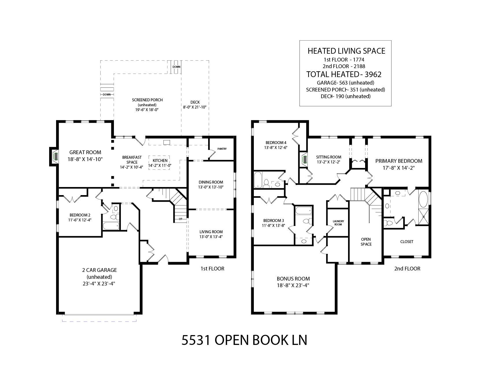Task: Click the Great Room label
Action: (x=85, y=152)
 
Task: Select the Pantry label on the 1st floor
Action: (x=222, y=149)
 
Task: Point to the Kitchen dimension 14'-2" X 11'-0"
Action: (x=160, y=165)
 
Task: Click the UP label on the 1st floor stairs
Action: (x=180, y=219)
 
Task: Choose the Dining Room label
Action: (x=211, y=182)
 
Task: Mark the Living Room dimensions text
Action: (x=211, y=237)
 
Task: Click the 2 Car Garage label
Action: (x=99, y=270)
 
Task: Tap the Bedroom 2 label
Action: (x=80, y=215)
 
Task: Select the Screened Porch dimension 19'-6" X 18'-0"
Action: (x=147, y=110)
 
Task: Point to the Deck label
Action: (x=195, y=102)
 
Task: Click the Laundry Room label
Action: (x=338, y=223)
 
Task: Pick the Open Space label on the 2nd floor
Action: (x=366, y=242)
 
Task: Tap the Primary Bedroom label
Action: (x=399, y=161)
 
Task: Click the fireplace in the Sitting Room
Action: (x=304, y=159)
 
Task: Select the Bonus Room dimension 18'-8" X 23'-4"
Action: (x=293, y=285)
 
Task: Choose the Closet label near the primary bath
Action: (x=407, y=242)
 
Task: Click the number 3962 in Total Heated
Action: (x=373, y=74)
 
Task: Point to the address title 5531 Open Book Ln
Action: (x=244, y=340)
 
